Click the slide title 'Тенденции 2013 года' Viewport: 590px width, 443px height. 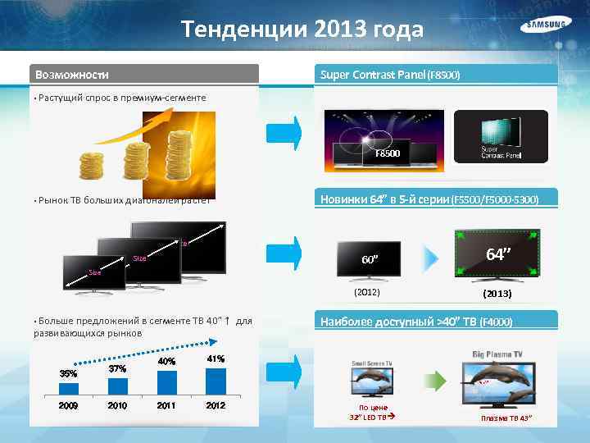[x=302, y=30]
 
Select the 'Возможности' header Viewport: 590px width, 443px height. [x=72, y=75]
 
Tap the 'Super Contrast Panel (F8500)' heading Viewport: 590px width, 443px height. [x=390, y=75]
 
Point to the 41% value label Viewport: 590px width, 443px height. [x=216, y=359]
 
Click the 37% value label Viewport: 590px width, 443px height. [x=117, y=368]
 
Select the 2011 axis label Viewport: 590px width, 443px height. [x=166, y=405]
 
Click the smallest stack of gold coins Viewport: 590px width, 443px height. [x=90, y=167]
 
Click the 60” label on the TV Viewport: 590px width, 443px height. [x=370, y=261]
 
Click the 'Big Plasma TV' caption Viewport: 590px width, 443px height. [x=498, y=354]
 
